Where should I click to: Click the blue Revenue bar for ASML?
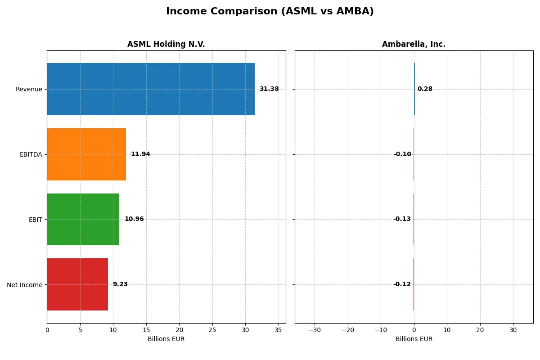click(x=151, y=89)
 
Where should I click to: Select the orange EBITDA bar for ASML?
click(x=86, y=154)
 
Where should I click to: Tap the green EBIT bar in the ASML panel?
click(x=83, y=219)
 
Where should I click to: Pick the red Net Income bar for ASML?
click(x=77, y=284)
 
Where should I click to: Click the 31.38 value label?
click(x=269, y=89)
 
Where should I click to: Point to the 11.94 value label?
click(x=140, y=154)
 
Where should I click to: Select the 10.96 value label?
click(x=134, y=219)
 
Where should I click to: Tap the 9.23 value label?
click(x=120, y=284)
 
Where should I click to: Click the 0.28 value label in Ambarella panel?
click(x=425, y=89)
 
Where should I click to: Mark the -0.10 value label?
click(x=402, y=154)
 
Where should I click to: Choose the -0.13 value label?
click(x=402, y=219)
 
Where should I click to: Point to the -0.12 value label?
click(x=402, y=284)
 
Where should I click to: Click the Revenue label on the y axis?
click(x=29, y=89)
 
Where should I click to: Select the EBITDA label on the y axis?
click(x=31, y=154)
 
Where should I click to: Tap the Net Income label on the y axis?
click(x=25, y=284)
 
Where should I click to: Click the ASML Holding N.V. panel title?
click(x=166, y=45)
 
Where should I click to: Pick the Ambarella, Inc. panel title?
click(x=414, y=45)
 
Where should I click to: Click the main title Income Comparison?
click(x=270, y=12)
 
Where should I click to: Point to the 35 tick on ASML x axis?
click(x=279, y=330)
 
